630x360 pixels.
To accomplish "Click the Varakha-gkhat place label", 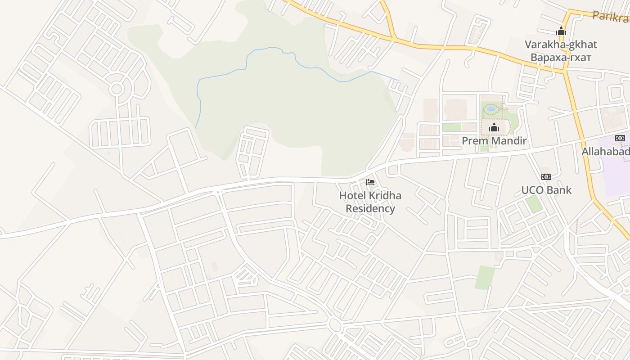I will coord(561,45).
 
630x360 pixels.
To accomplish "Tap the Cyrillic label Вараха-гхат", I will coord(561,58).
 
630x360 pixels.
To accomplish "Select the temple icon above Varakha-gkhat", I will coord(561,31).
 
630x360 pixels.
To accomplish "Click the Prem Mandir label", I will coord(494,141).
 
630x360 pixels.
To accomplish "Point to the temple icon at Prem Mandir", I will coord(494,128).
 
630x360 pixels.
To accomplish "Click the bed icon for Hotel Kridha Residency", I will coord(370,182).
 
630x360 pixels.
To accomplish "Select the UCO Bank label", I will coord(546,190).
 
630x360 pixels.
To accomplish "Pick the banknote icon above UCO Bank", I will coord(546,177).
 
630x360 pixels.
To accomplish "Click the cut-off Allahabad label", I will coord(606,152).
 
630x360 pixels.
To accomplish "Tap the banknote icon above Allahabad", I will coord(620,138).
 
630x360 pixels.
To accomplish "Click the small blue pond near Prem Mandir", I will coord(491,108).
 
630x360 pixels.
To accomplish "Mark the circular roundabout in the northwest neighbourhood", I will coord(117,89).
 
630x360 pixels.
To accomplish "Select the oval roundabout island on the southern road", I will coord(334,324).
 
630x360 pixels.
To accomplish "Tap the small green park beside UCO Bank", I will coord(534,204).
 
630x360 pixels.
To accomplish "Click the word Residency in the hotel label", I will coord(370,209).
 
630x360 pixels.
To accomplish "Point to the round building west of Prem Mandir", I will coord(455,109).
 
